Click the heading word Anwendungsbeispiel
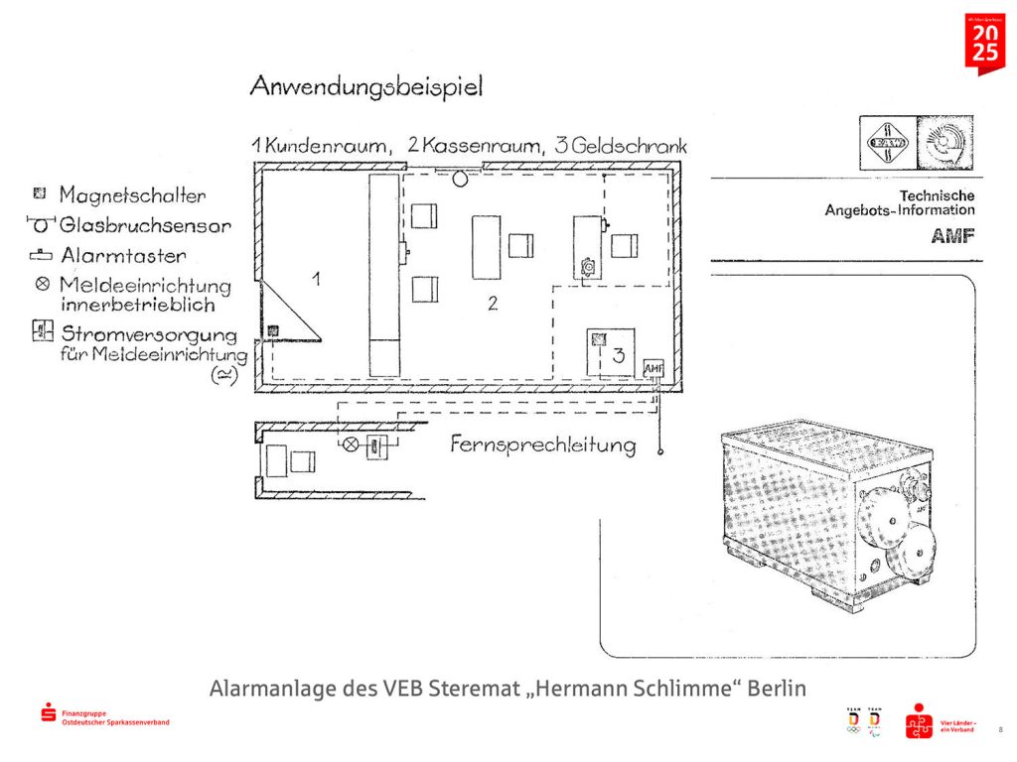pyautogui.click(x=366, y=87)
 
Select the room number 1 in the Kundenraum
pyautogui.click(x=316, y=279)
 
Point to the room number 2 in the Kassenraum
pyautogui.click(x=492, y=304)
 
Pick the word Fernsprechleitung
pyautogui.click(x=543, y=444)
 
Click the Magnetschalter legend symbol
pyautogui.click(x=40, y=192)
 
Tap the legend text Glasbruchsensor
pyautogui.click(x=145, y=225)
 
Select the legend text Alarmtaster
pyautogui.click(x=122, y=256)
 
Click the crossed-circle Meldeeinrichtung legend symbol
pyautogui.click(x=41, y=285)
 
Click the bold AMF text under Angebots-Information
pyautogui.click(x=952, y=236)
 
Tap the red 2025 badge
pyautogui.click(x=985, y=42)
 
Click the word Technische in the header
pyautogui.click(x=937, y=195)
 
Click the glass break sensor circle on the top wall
pyautogui.click(x=461, y=178)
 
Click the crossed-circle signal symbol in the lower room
pyautogui.click(x=350, y=444)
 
